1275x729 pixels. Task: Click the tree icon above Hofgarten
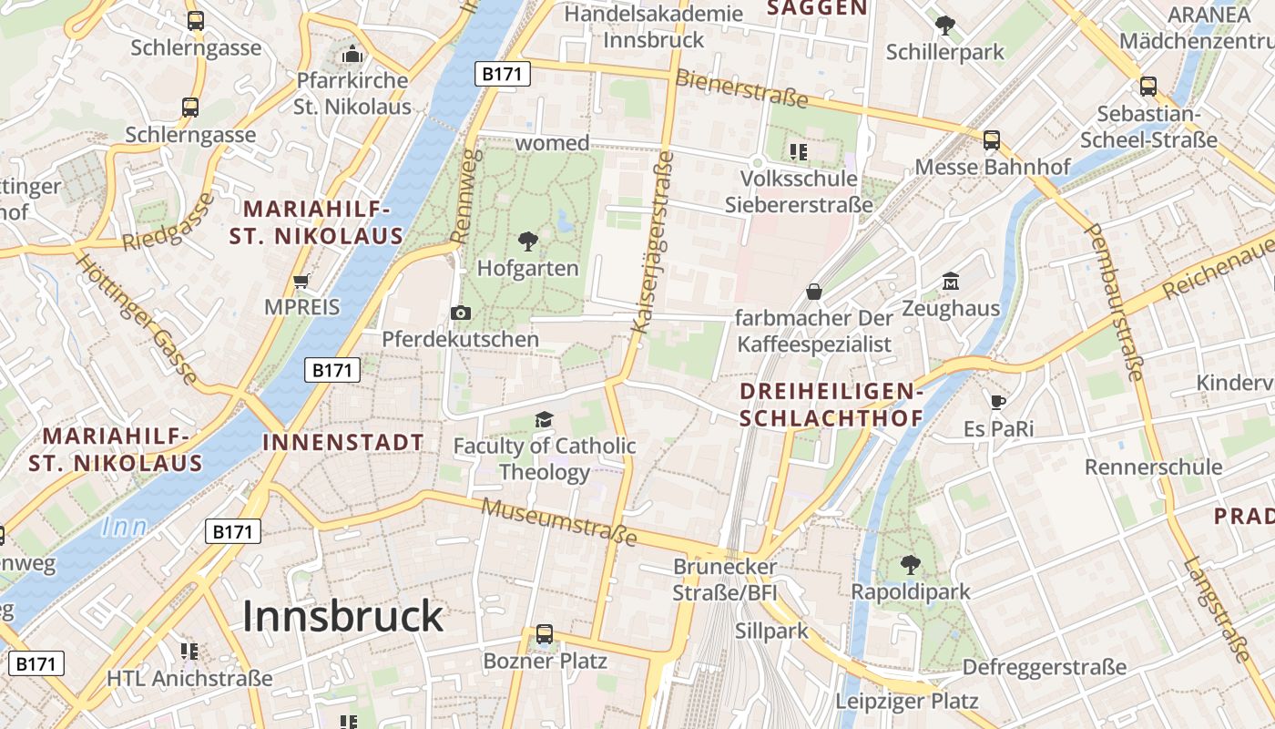(527, 241)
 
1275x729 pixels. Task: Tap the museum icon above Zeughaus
(951, 282)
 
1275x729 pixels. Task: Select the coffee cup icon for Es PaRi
(998, 402)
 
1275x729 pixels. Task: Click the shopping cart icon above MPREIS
(301, 281)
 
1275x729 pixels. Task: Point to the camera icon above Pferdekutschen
(461, 313)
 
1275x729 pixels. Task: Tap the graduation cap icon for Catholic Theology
(544, 419)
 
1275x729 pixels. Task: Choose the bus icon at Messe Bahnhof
(992, 140)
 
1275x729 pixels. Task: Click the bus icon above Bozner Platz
(545, 633)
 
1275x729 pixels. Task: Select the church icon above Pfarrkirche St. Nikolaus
(352, 54)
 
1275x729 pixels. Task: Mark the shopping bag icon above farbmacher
(813, 292)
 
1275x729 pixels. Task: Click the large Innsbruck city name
(342, 617)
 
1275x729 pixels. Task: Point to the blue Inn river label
(124, 527)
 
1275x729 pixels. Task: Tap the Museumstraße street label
(559, 522)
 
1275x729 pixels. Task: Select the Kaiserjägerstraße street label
(651, 241)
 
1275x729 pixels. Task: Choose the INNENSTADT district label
(343, 443)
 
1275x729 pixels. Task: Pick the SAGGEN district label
(816, 8)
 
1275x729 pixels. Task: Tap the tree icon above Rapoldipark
(910, 564)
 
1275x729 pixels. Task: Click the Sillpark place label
(771, 630)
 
